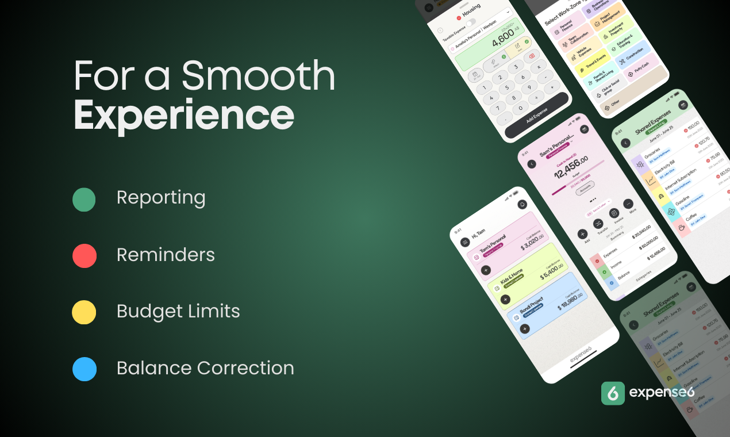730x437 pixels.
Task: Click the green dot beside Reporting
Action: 84,199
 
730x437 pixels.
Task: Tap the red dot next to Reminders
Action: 84,256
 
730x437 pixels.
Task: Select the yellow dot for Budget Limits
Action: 84,312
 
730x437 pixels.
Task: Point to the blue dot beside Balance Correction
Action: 84,369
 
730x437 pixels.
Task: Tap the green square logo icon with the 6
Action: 613,393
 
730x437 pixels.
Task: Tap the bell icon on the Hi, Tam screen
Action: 522,204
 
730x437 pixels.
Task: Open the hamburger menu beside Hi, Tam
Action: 465,242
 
